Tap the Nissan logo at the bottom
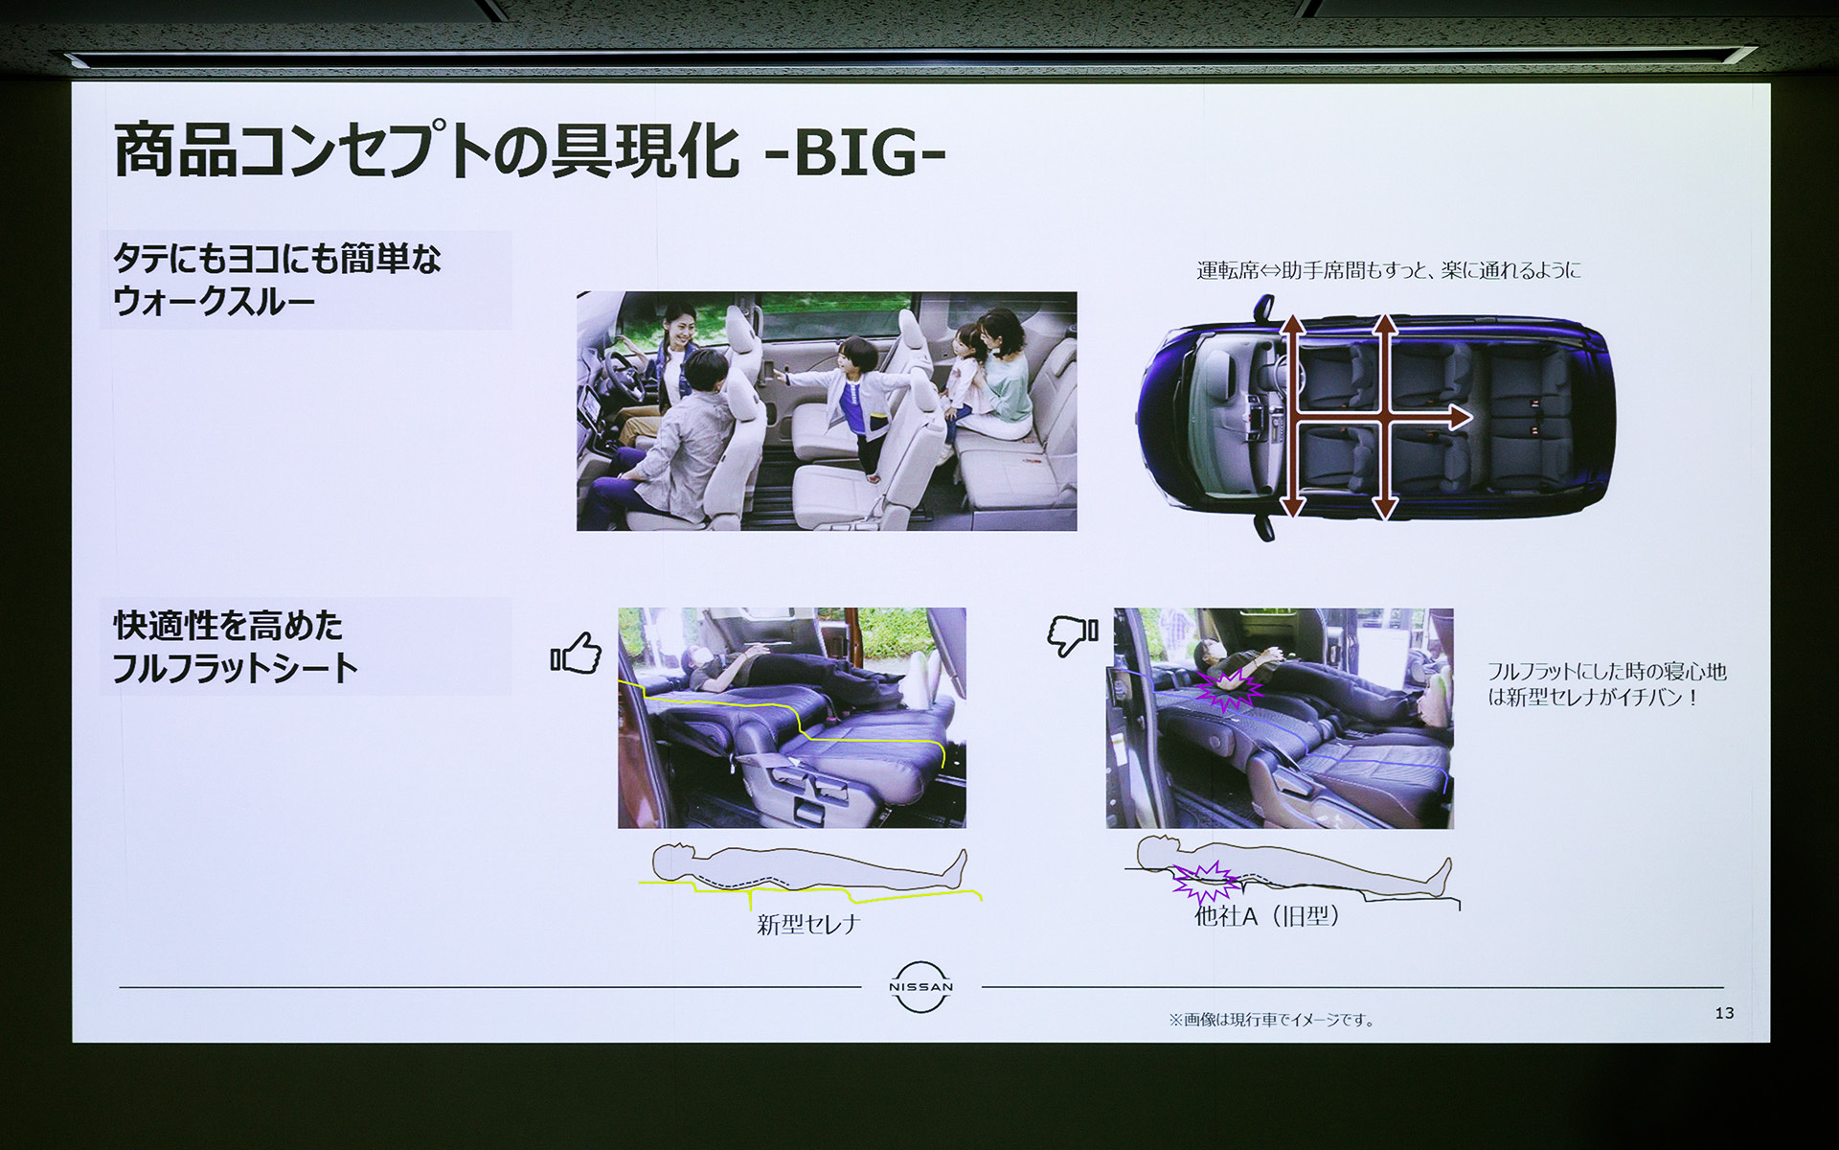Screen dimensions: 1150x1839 tap(920, 986)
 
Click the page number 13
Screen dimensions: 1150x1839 tap(1724, 1013)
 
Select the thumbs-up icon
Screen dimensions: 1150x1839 tap(577, 654)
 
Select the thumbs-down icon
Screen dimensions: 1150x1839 tap(1073, 634)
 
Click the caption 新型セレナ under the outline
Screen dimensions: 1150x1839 tap(808, 924)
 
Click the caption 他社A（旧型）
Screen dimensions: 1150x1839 tap(1266, 916)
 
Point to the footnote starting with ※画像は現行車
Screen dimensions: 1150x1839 tap(1271, 1020)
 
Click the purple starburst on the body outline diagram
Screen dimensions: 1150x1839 tap(1203, 881)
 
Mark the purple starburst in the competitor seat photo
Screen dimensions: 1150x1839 tap(1228, 688)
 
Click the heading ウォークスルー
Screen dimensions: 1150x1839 tap(214, 302)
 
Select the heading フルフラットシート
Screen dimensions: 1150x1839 tap(235, 668)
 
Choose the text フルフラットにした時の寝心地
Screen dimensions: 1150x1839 tap(1606, 672)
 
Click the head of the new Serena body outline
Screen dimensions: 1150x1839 tap(673, 859)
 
